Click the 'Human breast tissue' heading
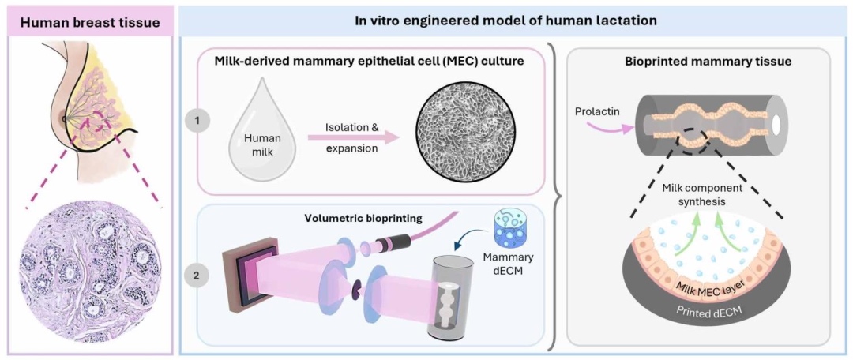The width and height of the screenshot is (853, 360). coord(89,22)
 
